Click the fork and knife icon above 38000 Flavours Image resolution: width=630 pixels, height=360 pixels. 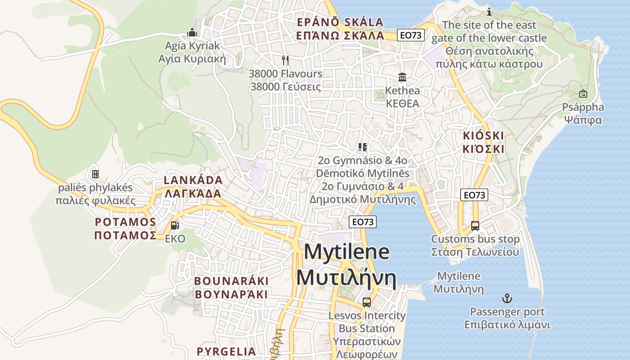[x=284, y=59]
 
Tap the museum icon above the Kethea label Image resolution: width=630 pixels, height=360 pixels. [x=402, y=77]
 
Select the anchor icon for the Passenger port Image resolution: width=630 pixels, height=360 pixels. [x=507, y=298]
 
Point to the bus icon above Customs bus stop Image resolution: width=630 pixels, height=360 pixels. [x=475, y=225]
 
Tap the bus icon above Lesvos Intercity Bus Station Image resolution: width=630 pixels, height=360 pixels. [x=367, y=302]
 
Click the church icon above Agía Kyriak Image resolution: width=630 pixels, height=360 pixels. [x=192, y=32]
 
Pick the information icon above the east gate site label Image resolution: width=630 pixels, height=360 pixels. [x=489, y=12]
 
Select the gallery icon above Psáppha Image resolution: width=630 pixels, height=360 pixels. [x=583, y=94]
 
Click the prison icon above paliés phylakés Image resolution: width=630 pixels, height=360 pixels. [x=95, y=174]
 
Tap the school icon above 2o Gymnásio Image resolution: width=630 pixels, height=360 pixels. [x=363, y=147]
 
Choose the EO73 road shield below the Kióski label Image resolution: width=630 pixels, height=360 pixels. [x=474, y=195]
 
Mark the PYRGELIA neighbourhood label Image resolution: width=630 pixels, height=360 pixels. [x=226, y=351]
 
